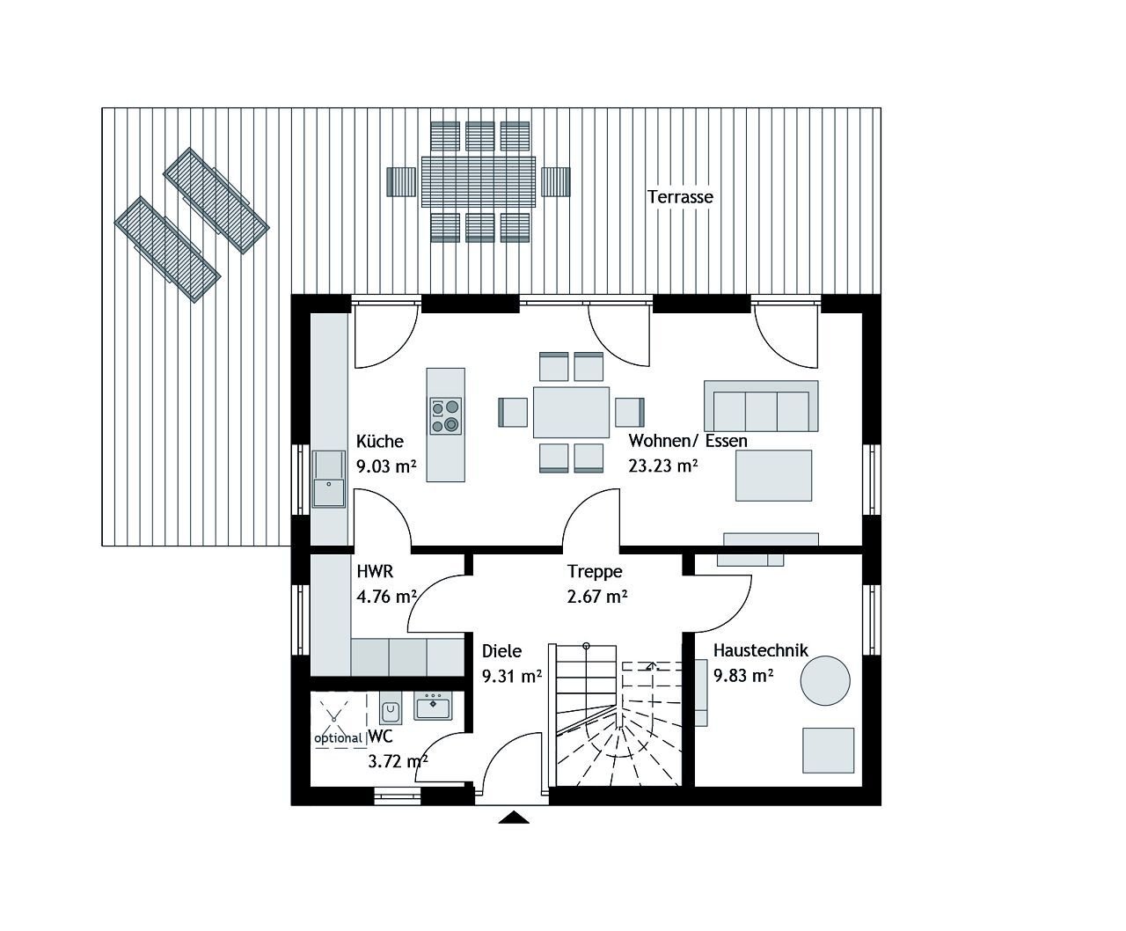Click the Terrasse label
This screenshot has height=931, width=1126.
[x=680, y=197]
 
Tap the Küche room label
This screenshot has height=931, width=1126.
[x=379, y=442]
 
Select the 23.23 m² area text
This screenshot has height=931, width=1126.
[x=662, y=466]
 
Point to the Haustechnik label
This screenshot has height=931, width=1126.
[x=760, y=651]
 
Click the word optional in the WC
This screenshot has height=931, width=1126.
[x=339, y=738]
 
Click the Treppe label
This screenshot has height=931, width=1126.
[x=595, y=571]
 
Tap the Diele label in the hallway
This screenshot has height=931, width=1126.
[x=501, y=651]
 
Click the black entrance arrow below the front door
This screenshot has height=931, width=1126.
[x=514, y=817]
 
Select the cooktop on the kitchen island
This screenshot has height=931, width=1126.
[x=445, y=415]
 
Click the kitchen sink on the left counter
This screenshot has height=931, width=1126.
[x=328, y=480]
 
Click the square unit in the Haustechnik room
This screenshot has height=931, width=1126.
[x=828, y=751]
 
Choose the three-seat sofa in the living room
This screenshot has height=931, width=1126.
[x=761, y=407]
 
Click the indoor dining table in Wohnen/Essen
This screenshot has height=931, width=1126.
[x=571, y=412]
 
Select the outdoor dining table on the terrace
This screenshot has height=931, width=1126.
[x=478, y=181]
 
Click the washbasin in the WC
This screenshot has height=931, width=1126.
[x=432, y=705]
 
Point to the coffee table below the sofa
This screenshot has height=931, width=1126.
[x=773, y=475]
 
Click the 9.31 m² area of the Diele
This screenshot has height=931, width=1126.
[x=511, y=676]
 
